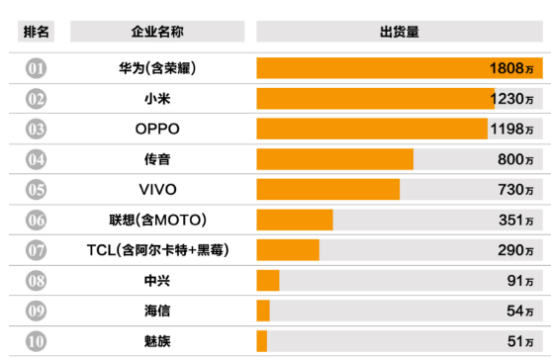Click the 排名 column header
click(x=38, y=32)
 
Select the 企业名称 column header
click(x=156, y=32)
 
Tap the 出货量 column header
click(x=399, y=32)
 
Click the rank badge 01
click(x=38, y=68)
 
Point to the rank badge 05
click(x=38, y=190)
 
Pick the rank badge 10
click(x=38, y=341)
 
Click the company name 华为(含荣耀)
click(x=156, y=68)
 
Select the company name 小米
click(x=156, y=99)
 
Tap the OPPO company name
click(x=156, y=129)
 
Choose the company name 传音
click(x=156, y=159)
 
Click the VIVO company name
click(x=156, y=190)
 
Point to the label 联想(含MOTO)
click(x=156, y=220)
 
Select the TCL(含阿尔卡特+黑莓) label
click(x=156, y=250)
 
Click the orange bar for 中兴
click(x=267, y=281)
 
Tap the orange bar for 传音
click(x=334, y=159)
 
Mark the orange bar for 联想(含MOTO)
click(x=294, y=220)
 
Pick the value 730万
click(x=515, y=190)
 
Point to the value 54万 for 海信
click(x=520, y=311)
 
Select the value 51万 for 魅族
click(x=520, y=341)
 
